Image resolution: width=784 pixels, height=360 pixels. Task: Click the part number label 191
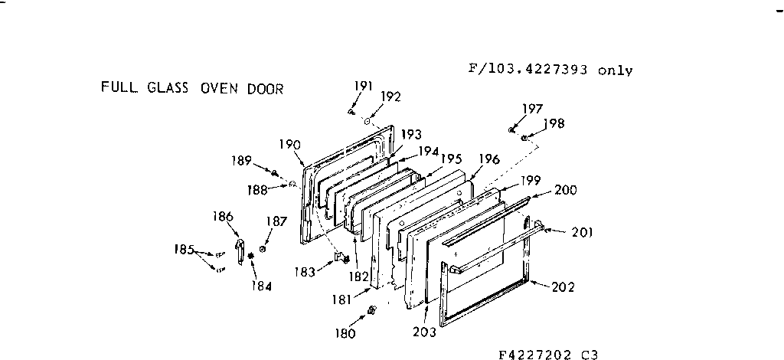(x=363, y=87)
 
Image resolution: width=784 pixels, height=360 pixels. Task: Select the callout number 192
(x=390, y=97)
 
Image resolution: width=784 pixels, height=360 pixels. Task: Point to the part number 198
(x=555, y=123)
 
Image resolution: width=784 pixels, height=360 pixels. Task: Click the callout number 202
(x=563, y=287)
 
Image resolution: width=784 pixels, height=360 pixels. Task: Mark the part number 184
(x=260, y=286)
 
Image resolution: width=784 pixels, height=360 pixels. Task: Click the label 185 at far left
(x=185, y=248)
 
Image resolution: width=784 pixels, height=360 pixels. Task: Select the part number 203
(x=423, y=332)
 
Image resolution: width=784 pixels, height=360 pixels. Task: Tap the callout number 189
(x=241, y=161)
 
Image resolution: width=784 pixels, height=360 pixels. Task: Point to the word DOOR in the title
(x=264, y=88)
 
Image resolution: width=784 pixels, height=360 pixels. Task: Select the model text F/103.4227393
(x=529, y=69)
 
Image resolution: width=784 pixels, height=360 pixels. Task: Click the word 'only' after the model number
(x=616, y=70)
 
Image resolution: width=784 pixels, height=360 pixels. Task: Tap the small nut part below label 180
(x=372, y=310)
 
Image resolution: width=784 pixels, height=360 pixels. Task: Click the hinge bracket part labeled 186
(x=240, y=254)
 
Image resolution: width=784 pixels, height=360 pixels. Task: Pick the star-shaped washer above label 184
(x=250, y=264)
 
